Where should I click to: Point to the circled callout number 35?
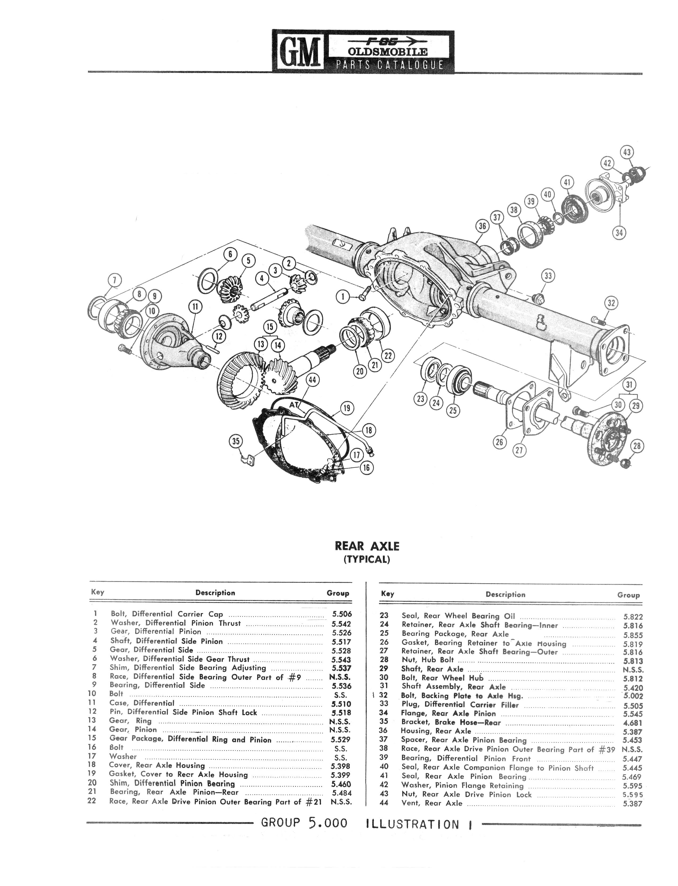click(236, 441)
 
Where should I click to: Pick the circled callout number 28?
click(637, 446)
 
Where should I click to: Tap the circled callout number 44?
click(313, 380)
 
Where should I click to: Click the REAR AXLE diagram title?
click(367, 546)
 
